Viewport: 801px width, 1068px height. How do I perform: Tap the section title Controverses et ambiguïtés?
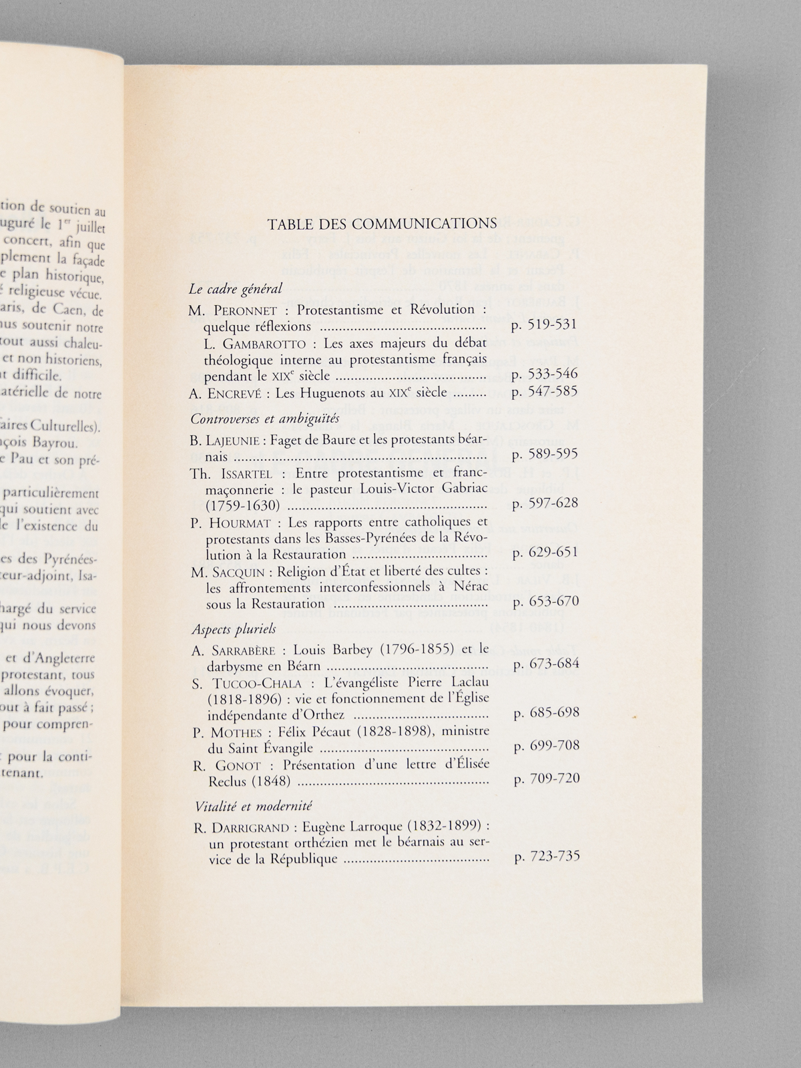pos(265,419)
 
